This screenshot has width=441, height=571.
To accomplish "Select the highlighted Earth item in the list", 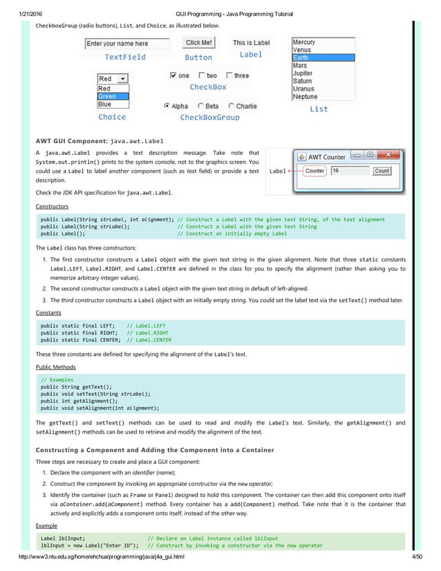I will [x=322, y=58].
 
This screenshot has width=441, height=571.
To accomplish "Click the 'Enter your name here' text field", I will [x=126, y=44].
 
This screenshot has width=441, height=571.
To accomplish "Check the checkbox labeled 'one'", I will [x=173, y=75].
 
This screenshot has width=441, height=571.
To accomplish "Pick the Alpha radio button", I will [x=167, y=106].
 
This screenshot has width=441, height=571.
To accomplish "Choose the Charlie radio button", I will [x=232, y=106].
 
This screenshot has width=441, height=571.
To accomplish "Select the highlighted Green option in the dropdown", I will [x=113, y=97].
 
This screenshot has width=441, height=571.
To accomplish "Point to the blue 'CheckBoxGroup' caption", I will [x=209, y=118].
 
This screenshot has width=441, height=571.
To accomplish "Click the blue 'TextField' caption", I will [x=125, y=57].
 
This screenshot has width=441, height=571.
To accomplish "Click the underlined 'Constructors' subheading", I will [x=52, y=206].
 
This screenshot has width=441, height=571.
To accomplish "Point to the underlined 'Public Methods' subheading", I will [x=55, y=367].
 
